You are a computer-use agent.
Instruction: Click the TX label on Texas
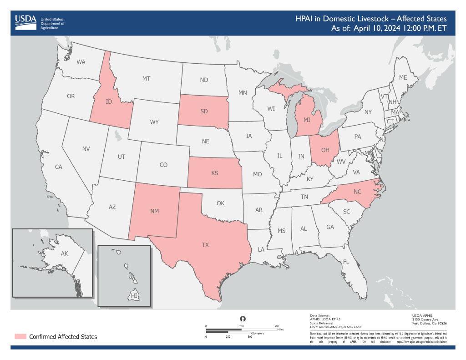coord(205,245)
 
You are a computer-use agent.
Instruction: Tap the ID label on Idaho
coord(109,101)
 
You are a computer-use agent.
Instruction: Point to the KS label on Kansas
coord(215,173)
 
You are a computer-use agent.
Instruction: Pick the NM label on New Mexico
coord(155,211)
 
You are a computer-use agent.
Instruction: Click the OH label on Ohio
coord(325,150)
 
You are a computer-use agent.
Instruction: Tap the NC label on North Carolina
coord(357,192)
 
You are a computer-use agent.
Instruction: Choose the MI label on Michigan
coord(307,120)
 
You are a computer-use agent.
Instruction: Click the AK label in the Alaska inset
coord(64,253)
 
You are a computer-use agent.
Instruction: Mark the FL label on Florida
coord(345,262)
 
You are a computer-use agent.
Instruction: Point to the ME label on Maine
coord(403,78)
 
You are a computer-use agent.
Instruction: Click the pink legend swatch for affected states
coord(20,336)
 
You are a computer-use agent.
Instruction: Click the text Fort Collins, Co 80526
coord(429,323)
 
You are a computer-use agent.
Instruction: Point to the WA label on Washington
coord(81,61)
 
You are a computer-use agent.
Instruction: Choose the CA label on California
coord(58,167)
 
